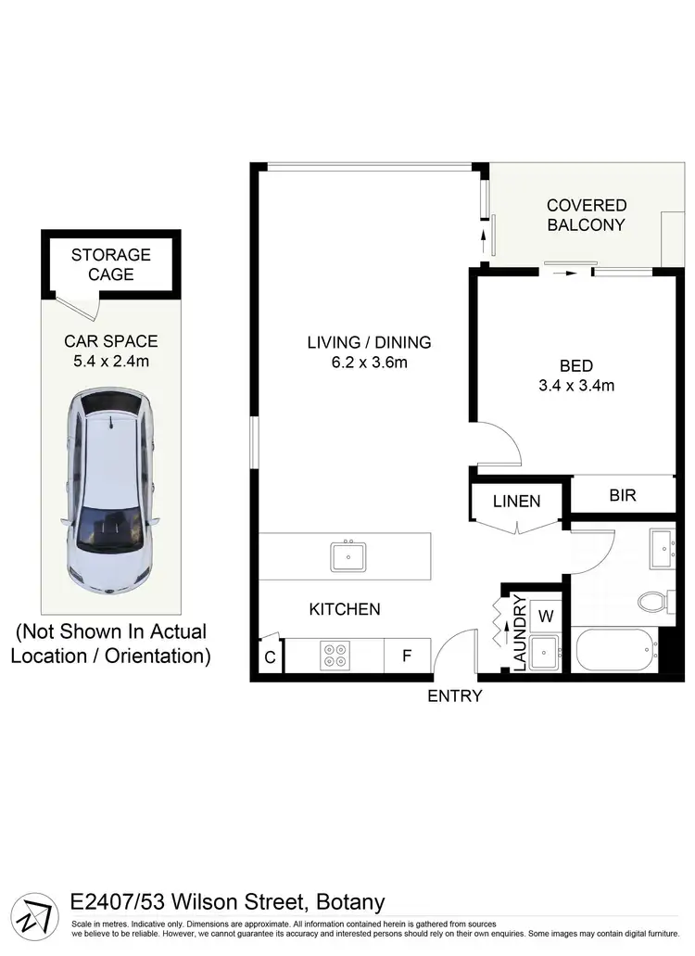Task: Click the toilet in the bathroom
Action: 656,604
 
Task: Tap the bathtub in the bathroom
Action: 613,651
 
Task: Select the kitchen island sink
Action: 348,556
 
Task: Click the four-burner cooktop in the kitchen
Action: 334,656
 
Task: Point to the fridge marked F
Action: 406,656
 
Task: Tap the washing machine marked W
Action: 546,615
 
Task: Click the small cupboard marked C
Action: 270,656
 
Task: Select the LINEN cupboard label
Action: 516,502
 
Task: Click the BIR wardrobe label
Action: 623,495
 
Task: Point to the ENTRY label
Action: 454,696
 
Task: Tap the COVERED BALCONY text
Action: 586,215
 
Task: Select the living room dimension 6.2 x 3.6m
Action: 369,363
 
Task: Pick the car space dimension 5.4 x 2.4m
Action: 110,361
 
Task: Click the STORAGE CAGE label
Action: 110,264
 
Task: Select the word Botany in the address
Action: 350,902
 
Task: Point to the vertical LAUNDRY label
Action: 519,633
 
